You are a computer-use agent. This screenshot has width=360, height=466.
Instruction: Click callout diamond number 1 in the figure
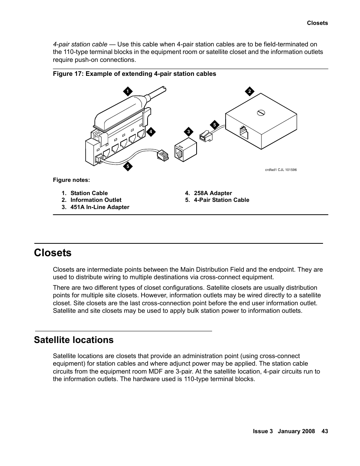pos(128,91)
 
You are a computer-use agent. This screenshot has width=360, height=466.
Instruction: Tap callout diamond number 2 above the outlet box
pos(249,91)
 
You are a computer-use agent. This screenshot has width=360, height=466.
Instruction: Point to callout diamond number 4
pos(151,132)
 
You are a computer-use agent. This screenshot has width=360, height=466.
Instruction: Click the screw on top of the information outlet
pos(261,112)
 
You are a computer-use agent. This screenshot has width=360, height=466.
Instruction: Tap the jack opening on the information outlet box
pos(243,132)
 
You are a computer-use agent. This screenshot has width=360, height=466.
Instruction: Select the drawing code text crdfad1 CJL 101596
pos(281,170)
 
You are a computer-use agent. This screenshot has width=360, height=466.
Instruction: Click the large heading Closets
pos(52,253)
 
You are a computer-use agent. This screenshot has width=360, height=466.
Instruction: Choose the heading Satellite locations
pos(74,340)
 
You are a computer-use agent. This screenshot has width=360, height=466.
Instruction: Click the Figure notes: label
pos(71,180)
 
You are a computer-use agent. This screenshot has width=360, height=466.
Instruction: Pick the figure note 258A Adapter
pos(213,193)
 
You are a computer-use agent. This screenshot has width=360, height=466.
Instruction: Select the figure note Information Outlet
pos(96,200)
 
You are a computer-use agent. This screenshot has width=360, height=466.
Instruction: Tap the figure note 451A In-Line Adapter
pos(100,207)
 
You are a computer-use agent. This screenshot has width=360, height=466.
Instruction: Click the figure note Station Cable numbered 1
pos(89,193)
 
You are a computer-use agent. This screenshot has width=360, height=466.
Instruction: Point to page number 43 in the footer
pos(325,431)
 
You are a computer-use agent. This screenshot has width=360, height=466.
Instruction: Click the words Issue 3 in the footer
pos(263,431)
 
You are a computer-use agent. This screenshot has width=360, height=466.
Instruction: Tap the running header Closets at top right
pos(317,23)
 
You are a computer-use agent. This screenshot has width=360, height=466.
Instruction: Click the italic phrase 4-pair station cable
pos(80,44)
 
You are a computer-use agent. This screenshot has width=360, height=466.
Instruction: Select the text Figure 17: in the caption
pos(68,74)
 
